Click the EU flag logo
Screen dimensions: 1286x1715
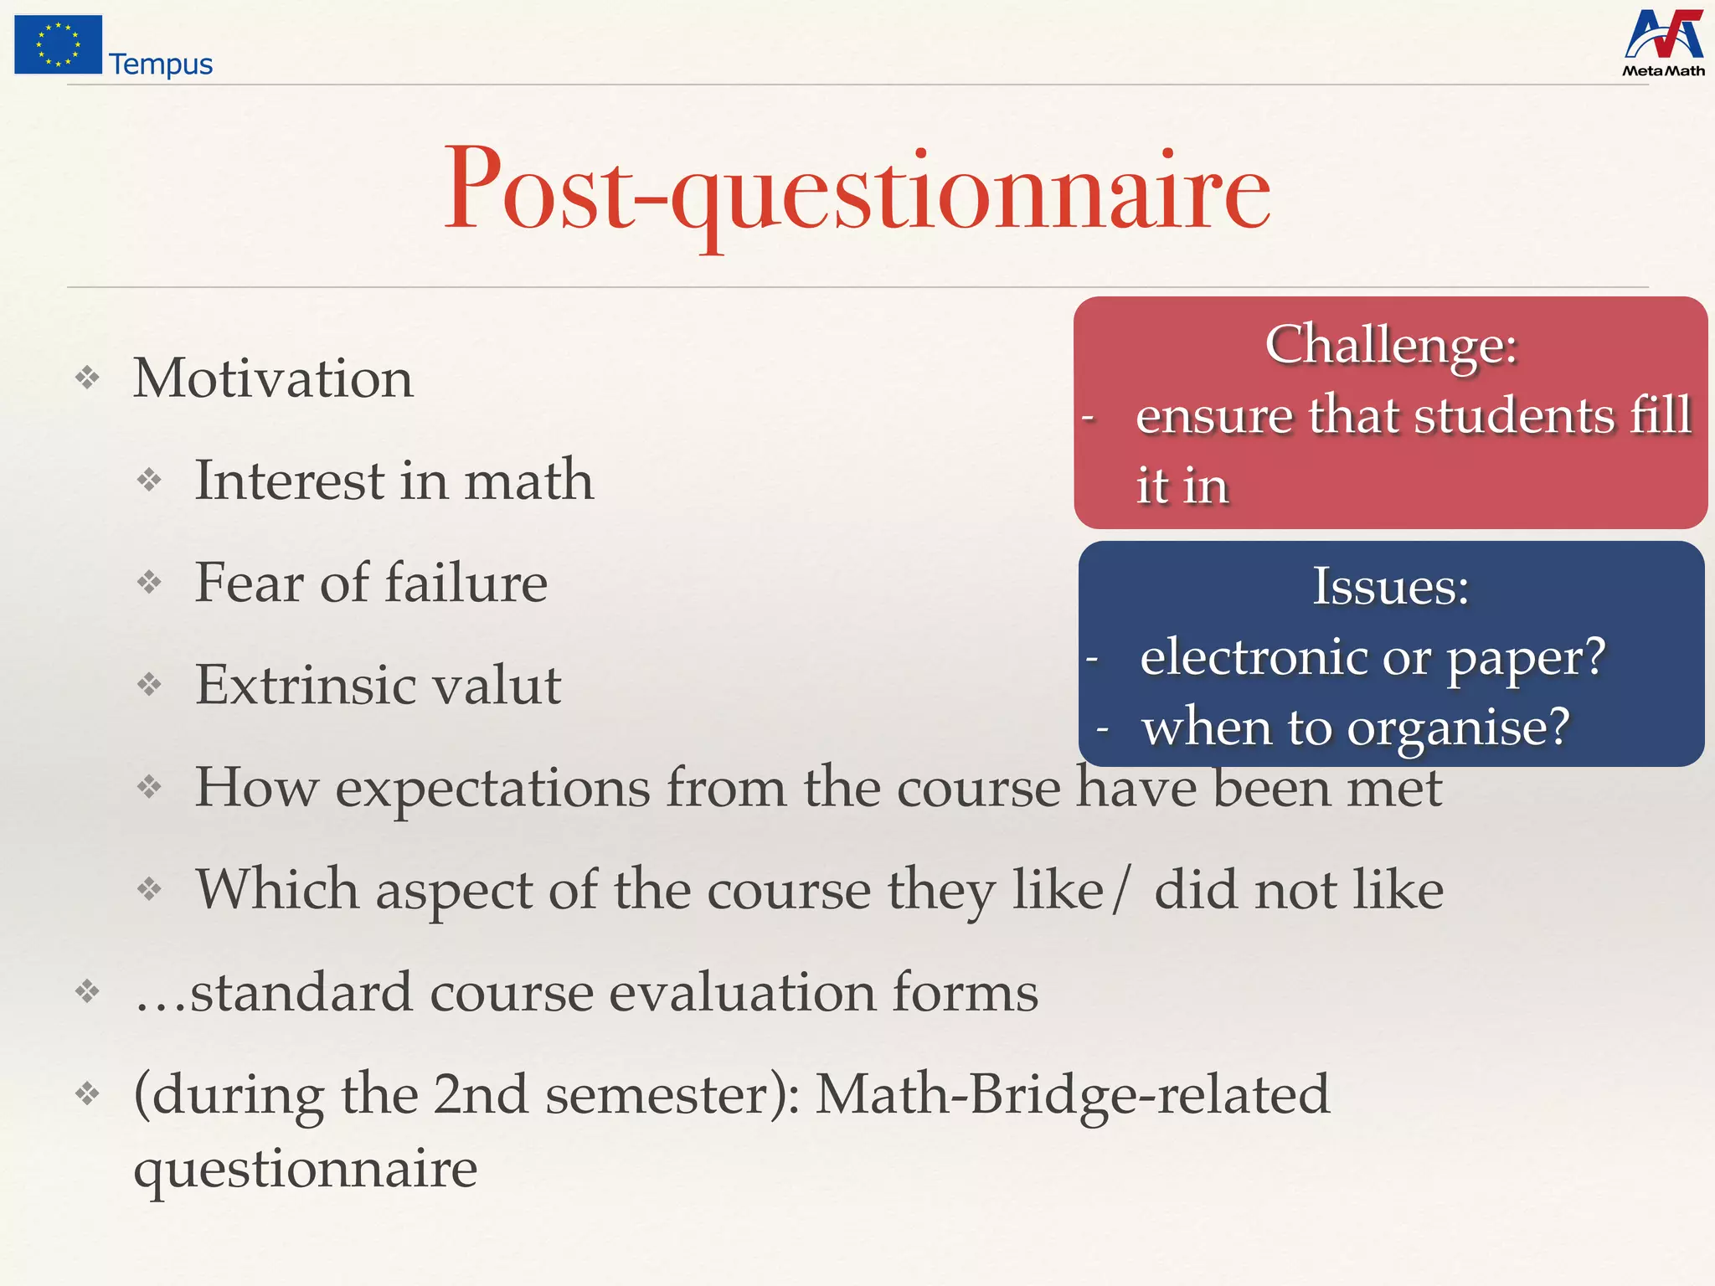[x=58, y=45]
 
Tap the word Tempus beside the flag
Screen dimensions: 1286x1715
[x=161, y=64]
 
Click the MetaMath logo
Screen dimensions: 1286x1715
[x=1663, y=44]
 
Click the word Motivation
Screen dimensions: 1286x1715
[x=273, y=378]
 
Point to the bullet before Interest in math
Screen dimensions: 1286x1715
[x=149, y=481]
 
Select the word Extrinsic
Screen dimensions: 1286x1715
[x=292, y=685]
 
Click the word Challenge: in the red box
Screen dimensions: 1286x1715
[x=1391, y=344]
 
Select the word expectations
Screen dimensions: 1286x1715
[x=492, y=789]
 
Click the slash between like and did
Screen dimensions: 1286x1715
[x=1120, y=891]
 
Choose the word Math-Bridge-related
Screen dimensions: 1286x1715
[x=1073, y=1094]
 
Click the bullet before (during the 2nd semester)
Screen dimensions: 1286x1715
[x=87, y=1093]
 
